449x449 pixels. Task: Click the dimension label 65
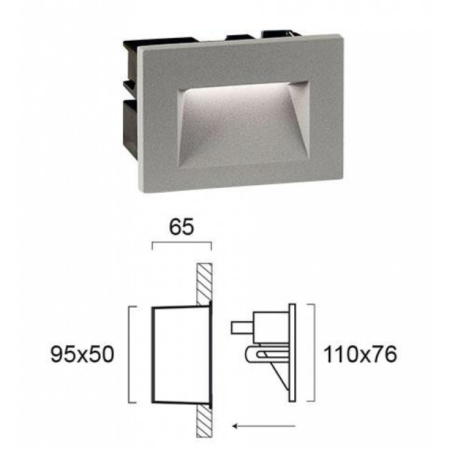point(182,227)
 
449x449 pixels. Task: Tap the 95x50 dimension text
point(82,354)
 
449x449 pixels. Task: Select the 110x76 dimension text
point(360,354)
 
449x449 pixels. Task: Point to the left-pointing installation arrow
point(264,426)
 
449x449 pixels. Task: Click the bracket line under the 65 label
point(182,242)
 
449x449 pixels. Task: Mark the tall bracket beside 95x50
point(129,354)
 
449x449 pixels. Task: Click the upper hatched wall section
point(204,284)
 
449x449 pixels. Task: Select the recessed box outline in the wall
point(153,355)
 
